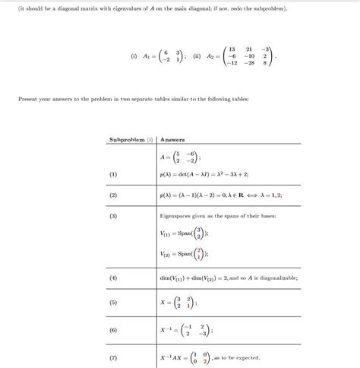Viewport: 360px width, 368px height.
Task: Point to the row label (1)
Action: click(x=113, y=174)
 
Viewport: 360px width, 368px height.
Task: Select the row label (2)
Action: click(x=113, y=195)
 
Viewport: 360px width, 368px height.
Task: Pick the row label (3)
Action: click(x=113, y=217)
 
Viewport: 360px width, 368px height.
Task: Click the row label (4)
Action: click(x=113, y=278)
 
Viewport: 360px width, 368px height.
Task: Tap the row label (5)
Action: click(x=113, y=303)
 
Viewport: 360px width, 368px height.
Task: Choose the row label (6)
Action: click(x=113, y=331)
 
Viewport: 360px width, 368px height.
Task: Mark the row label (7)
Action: click(x=113, y=357)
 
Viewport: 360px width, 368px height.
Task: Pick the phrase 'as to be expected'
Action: click(x=241, y=357)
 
